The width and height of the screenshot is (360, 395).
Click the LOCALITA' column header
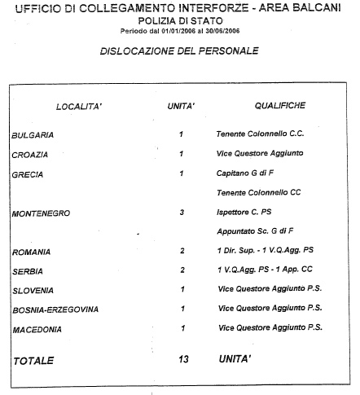coord(79,107)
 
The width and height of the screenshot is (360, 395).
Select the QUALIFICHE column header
coord(280,105)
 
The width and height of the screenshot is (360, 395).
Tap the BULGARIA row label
coord(33,135)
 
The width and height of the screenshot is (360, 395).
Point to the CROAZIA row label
coord(30,155)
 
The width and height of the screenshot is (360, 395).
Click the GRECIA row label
coord(28,174)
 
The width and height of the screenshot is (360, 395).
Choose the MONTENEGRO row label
coord(41,213)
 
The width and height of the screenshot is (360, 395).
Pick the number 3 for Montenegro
coord(182,212)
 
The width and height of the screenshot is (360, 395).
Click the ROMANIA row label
coord(31,252)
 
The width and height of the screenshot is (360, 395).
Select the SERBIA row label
coord(28,271)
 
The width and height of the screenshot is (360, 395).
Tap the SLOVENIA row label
coord(33,291)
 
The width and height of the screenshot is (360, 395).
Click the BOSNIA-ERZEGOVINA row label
coord(55,309)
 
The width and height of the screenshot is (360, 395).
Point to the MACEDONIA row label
coord(37,330)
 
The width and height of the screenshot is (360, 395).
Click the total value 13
coord(183,359)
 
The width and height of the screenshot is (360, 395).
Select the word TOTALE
coord(33,361)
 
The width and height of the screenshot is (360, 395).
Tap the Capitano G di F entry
coord(245,173)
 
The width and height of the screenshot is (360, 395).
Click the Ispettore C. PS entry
coord(244,212)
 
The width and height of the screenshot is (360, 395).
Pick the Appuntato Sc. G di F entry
coord(255,231)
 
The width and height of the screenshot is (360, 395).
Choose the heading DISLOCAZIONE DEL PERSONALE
coord(179,50)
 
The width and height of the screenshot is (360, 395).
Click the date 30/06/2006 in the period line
coord(222,31)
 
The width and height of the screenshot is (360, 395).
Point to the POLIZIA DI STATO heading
coord(181,20)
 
